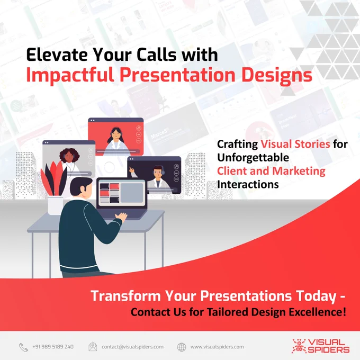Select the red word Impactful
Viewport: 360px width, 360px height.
[x=70, y=75]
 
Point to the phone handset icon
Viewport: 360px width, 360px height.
[x=23, y=347]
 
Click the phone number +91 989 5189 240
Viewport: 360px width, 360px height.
[x=53, y=347]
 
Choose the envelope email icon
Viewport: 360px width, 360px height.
[x=93, y=347]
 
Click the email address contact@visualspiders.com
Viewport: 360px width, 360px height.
[x=132, y=347]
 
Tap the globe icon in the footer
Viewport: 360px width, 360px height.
[x=182, y=347]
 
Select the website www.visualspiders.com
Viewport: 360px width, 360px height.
[x=217, y=347]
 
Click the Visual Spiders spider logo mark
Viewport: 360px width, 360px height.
[x=299, y=346]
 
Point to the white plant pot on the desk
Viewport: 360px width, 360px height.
[x=56, y=205]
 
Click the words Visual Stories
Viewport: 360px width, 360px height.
[x=295, y=144]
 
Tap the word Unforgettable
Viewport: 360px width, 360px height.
[x=253, y=158]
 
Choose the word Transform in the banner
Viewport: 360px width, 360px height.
[x=125, y=296]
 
